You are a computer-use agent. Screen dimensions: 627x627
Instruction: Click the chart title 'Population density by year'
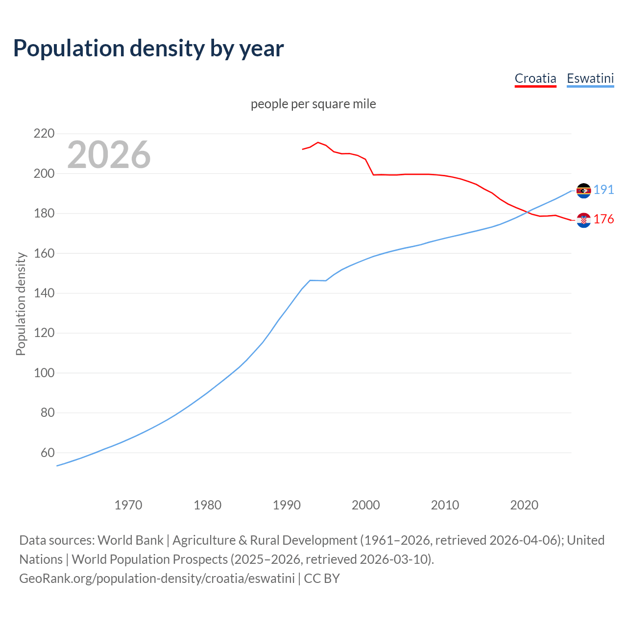coord(148,48)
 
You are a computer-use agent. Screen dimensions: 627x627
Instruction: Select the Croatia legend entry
coord(535,78)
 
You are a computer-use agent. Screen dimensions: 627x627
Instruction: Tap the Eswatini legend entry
coord(590,78)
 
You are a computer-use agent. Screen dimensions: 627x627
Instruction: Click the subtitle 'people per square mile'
coord(313,104)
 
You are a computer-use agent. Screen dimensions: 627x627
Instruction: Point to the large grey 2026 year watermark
coord(109,155)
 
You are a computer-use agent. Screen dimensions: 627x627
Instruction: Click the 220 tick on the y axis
coord(44,133)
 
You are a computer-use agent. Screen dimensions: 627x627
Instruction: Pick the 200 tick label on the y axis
coord(44,173)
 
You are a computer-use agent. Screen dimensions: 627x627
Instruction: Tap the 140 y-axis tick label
coord(44,293)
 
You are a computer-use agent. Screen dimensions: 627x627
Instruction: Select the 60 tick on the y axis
coord(47,453)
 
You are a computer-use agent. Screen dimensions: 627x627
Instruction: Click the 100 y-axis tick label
coord(44,373)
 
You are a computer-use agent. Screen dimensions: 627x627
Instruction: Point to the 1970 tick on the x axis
coord(128,505)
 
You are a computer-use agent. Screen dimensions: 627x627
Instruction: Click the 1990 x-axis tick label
coord(287,505)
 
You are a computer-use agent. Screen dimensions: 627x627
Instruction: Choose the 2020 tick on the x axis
coord(524,505)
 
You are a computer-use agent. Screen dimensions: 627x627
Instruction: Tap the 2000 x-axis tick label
coord(366,505)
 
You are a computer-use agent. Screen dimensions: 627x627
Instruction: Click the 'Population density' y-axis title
coord(21,304)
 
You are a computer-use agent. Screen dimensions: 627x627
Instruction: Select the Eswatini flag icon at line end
coord(583,191)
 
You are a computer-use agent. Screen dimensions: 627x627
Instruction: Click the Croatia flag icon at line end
coord(583,220)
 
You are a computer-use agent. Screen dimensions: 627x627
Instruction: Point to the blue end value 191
coord(603,190)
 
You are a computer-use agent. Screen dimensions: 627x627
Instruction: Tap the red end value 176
coord(603,219)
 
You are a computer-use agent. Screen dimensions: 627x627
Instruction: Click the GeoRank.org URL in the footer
coord(157,579)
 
